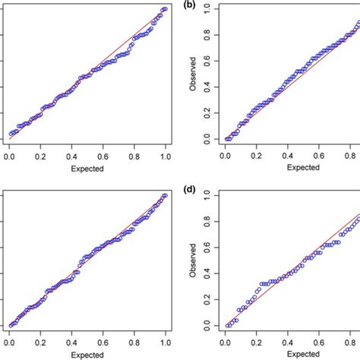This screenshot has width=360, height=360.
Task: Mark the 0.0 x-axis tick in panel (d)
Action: [x=226, y=341]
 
